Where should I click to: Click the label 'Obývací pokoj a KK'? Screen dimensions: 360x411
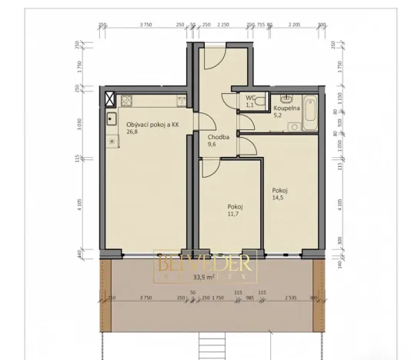152,124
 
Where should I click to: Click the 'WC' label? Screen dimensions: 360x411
250,98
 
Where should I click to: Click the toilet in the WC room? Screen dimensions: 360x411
261,101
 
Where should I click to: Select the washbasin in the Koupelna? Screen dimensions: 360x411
286,98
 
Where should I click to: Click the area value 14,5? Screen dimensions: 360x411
277,197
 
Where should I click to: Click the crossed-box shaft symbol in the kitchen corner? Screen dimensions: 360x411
110,99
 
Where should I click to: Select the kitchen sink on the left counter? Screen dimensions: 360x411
111,119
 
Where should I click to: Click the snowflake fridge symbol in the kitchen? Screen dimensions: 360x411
111,142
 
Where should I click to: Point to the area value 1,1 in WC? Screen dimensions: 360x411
251,105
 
